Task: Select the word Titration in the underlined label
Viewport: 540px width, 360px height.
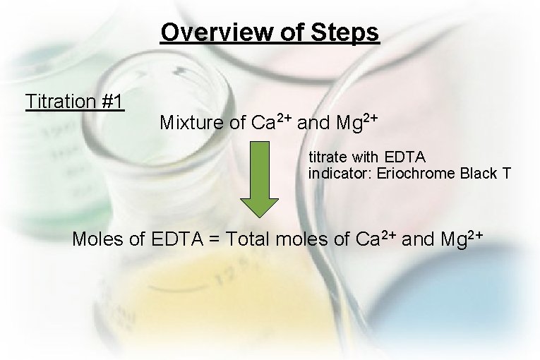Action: pyautogui.click(x=61, y=102)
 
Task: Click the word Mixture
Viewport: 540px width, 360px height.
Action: pyautogui.click(x=193, y=123)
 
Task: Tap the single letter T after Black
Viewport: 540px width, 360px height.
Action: pyautogui.click(x=506, y=172)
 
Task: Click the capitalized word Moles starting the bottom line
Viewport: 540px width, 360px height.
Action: pyautogui.click(x=98, y=239)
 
